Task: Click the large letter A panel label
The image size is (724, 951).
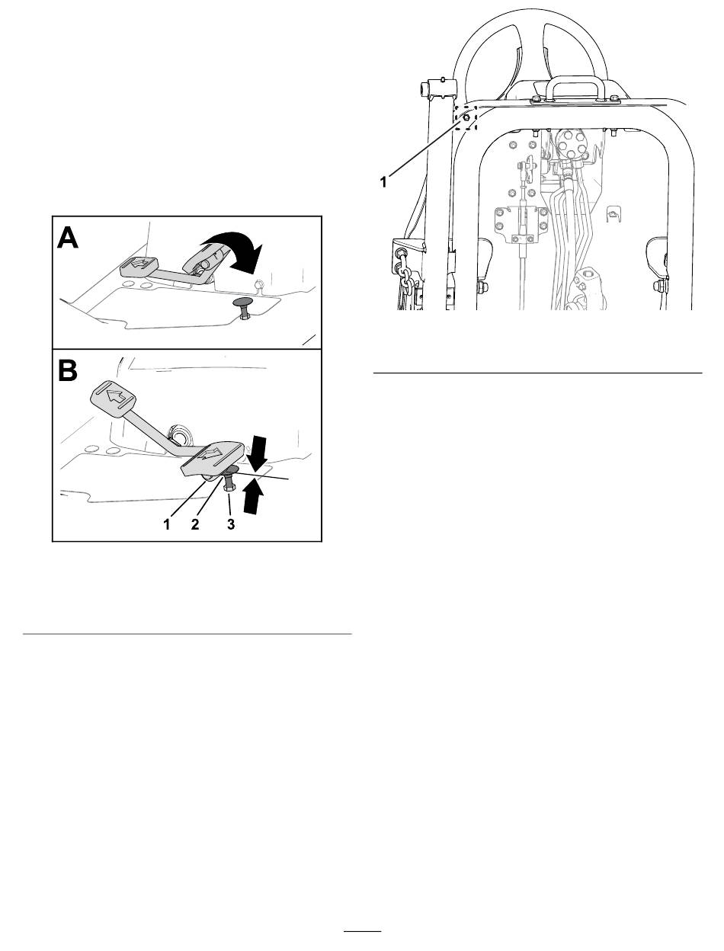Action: pyautogui.click(x=68, y=238)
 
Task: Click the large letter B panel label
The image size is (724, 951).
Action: pyautogui.click(x=67, y=370)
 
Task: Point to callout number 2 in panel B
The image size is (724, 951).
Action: pyautogui.click(x=195, y=524)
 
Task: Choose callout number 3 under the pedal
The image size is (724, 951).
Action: pyautogui.click(x=231, y=524)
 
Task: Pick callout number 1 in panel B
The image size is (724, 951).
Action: pyautogui.click(x=167, y=524)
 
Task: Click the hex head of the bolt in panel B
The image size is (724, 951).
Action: pyautogui.click(x=229, y=488)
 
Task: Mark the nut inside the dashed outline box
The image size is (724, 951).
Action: pyautogui.click(x=466, y=119)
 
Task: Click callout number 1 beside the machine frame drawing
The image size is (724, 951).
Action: pyautogui.click(x=383, y=182)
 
